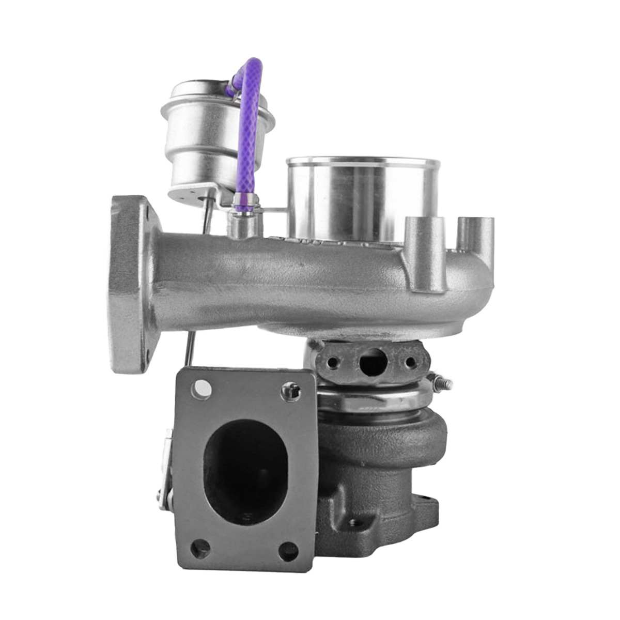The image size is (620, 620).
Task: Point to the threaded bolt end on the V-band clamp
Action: point(443,384)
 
